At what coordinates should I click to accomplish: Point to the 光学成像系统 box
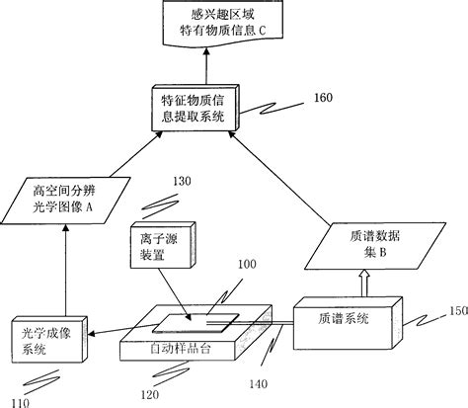pyautogui.click(x=46, y=342)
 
